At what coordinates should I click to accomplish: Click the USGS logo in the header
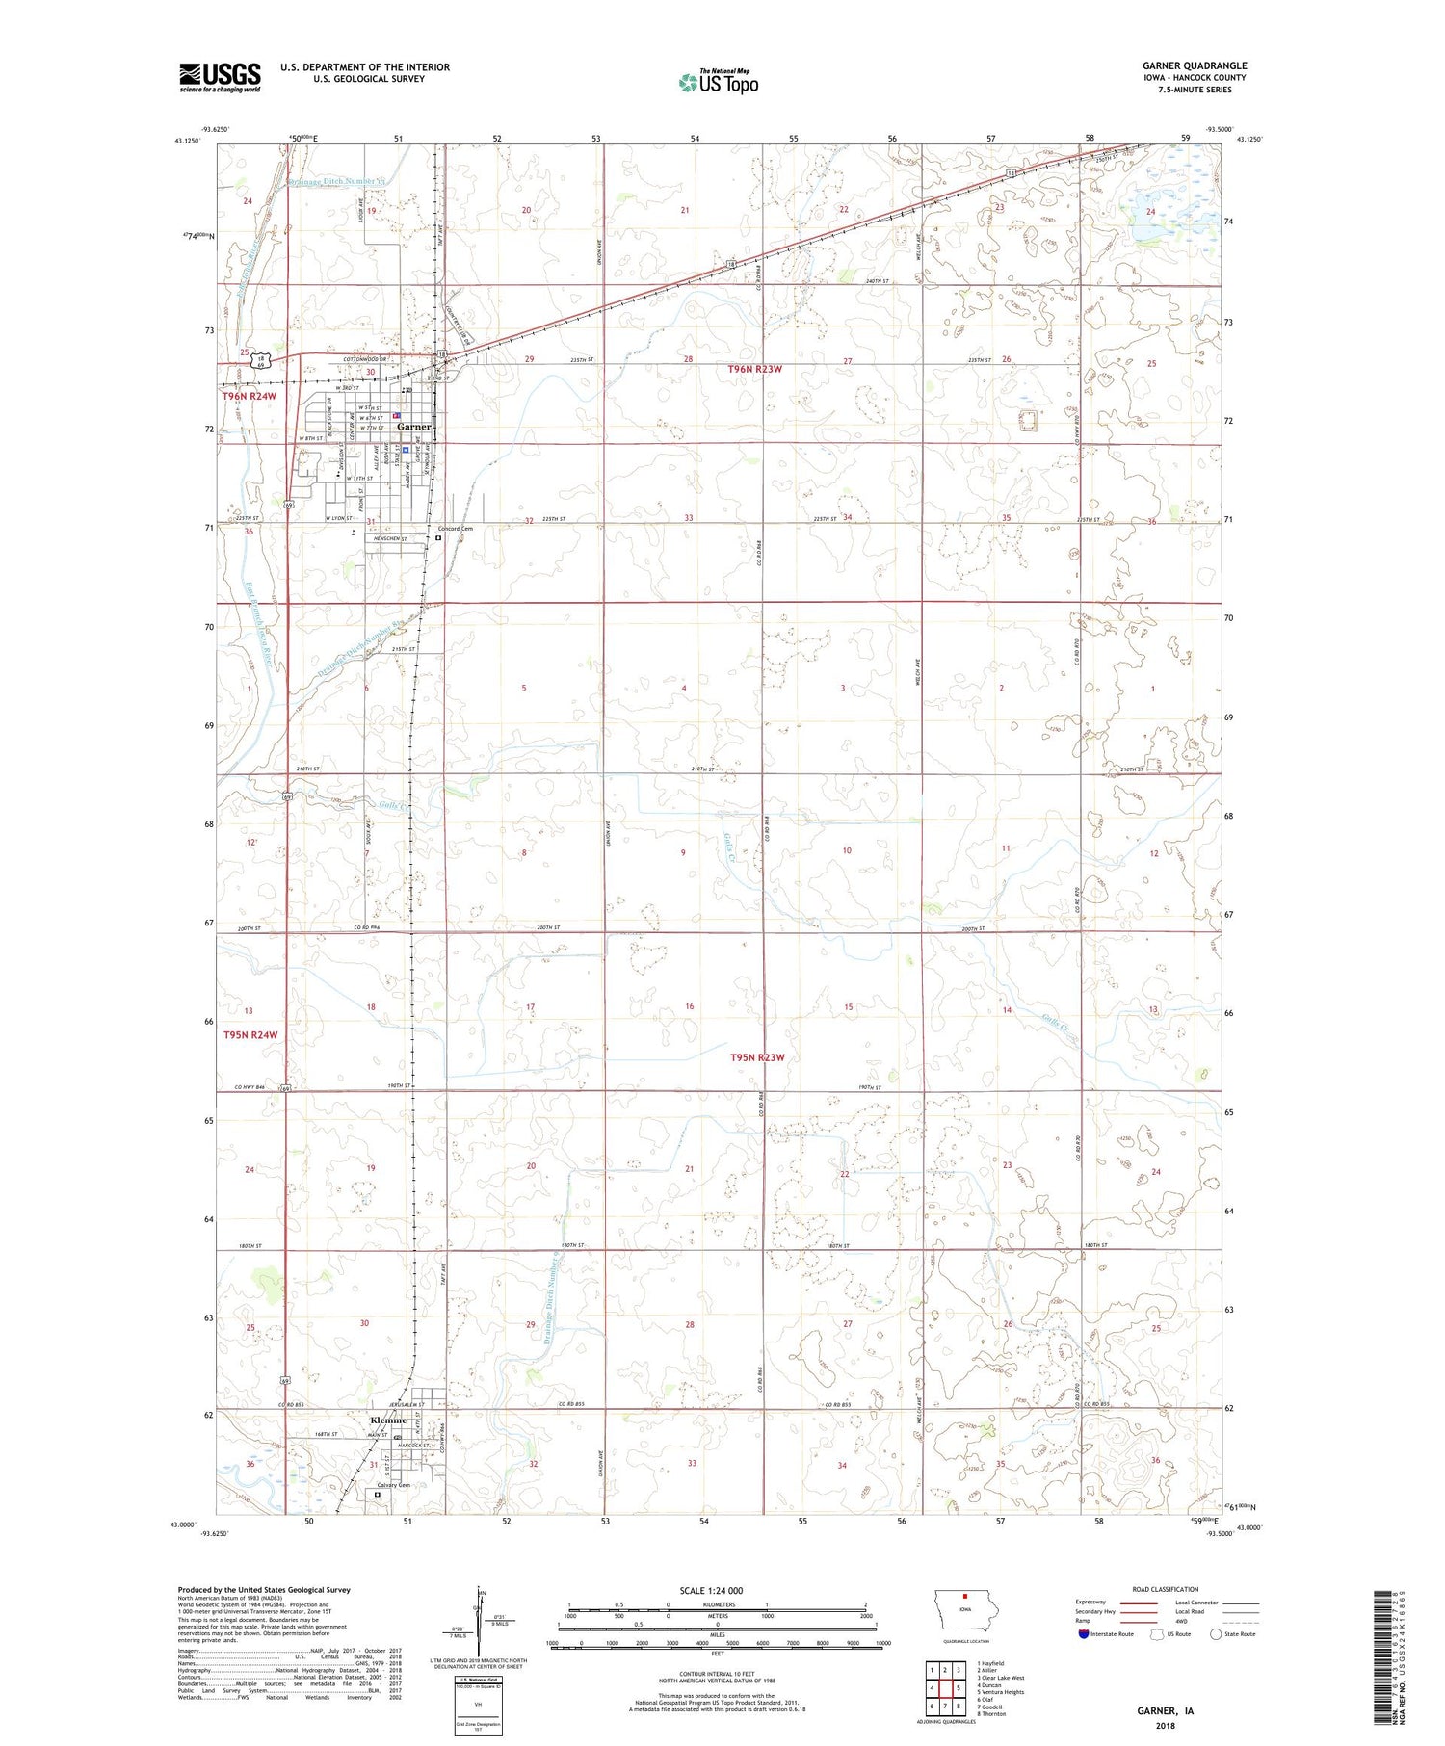pos(220,77)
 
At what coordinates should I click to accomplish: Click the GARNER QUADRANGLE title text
pos(1195,65)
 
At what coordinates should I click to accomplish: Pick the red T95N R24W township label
pos(250,1035)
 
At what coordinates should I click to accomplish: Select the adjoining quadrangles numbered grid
pos(945,1688)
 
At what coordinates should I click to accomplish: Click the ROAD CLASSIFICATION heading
pos(1166,1589)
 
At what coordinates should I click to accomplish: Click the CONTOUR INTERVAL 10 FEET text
pos(717,1674)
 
